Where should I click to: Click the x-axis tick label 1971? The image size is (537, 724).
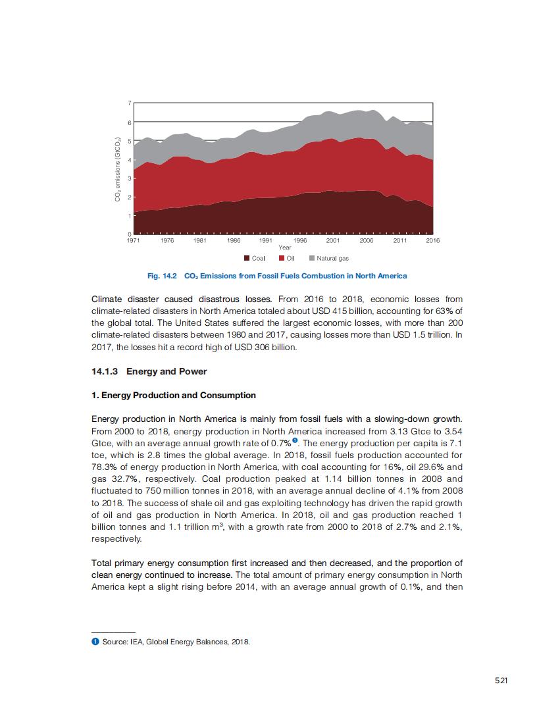point(134,241)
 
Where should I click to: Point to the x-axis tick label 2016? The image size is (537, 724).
point(432,241)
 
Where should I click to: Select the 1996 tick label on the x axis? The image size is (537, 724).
point(299,241)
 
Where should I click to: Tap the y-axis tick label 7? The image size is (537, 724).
point(130,103)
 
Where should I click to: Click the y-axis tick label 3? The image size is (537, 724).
point(130,178)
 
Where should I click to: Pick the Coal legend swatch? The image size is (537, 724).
point(246,259)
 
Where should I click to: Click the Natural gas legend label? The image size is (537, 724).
point(332,259)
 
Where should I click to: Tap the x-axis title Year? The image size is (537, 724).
point(285,247)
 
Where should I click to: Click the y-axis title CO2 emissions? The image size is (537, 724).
point(118,168)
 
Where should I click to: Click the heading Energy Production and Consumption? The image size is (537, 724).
point(174,396)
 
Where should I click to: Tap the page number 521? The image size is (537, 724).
point(501,681)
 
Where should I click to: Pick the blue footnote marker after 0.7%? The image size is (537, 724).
point(296,440)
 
